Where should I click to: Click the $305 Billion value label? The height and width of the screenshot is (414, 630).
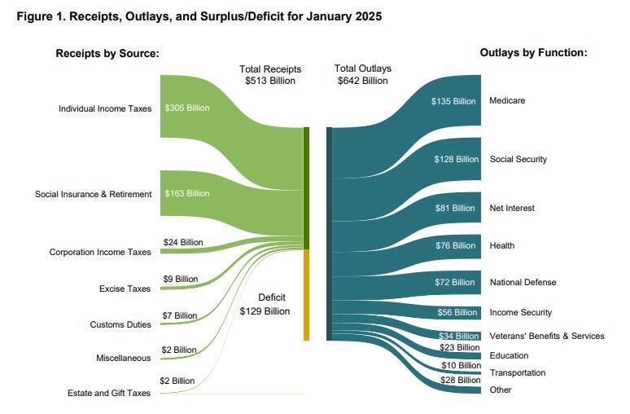click(x=187, y=108)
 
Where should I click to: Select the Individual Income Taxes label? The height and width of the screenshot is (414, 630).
click(x=105, y=108)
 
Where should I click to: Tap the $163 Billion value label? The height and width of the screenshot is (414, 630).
click(x=187, y=193)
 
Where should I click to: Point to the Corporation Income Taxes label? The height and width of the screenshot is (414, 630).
click(x=100, y=252)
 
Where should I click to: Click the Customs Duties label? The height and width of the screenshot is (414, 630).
click(x=120, y=324)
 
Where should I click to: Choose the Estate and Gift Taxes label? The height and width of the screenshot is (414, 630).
click(x=109, y=394)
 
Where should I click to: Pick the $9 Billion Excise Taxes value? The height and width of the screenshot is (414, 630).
click(x=181, y=279)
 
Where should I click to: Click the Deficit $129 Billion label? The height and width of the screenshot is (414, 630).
click(x=265, y=304)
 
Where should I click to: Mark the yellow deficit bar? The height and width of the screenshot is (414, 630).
click(x=306, y=294)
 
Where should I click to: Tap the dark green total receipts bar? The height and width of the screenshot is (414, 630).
click(x=306, y=187)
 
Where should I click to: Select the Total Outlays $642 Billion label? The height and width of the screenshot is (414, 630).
click(x=363, y=74)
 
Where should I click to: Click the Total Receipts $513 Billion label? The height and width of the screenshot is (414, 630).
click(x=270, y=74)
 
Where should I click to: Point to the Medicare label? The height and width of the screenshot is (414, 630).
click(x=507, y=100)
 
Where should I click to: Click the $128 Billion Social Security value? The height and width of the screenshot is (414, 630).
click(x=456, y=159)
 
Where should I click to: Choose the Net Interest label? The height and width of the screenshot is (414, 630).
click(x=512, y=208)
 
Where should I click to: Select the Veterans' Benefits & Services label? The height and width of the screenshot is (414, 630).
click(x=547, y=336)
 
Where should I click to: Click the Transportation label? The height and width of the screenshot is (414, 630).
click(x=518, y=372)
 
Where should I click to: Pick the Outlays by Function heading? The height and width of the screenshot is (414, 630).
click(x=533, y=53)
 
